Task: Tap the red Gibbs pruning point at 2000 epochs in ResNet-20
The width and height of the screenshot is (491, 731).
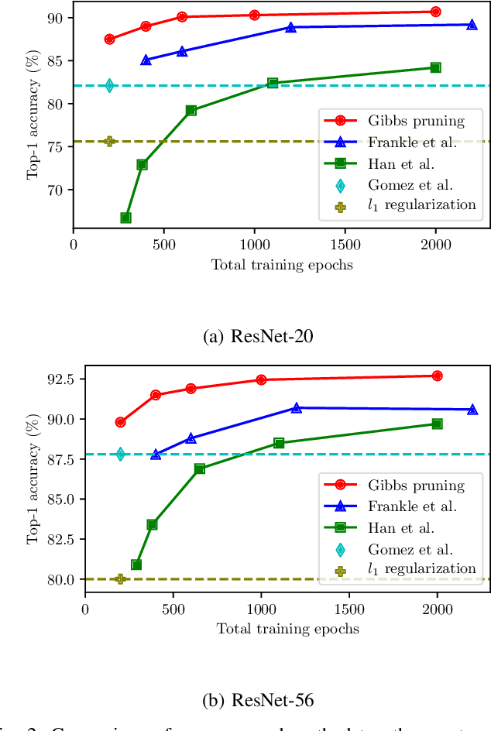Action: tap(435, 12)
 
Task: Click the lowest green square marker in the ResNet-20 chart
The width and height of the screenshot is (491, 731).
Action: tap(125, 218)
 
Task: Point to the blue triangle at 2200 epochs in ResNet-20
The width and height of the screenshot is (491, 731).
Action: tap(472, 25)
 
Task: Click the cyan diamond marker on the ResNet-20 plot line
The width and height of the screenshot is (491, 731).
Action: tap(109, 85)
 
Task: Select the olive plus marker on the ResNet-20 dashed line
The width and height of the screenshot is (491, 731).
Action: tap(109, 141)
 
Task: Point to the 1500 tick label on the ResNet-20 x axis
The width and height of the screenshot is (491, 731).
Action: tap(345, 245)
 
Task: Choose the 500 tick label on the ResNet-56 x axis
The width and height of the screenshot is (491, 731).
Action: tap(173, 609)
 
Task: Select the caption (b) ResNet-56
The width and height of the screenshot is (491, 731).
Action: tap(245, 701)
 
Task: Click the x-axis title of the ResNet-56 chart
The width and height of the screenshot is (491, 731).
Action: tap(287, 629)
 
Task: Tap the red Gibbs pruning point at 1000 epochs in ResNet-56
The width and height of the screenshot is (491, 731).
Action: tap(261, 379)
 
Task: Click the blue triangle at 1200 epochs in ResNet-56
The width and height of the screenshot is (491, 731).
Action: tap(296, 407)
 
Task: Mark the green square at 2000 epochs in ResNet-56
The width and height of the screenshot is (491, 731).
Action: tap(437, 424)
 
